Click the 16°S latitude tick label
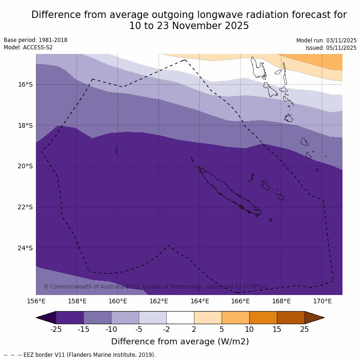pyautogui.click(x=25, y=84)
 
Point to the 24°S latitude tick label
pyautogui.click(x=25, y=248)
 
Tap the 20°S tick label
pyautogui.click(x=25, y=166)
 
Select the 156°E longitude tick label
pyautogui.click(x=36, y=301)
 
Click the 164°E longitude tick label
pyautogui.click(x=200, y=301)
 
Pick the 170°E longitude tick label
pyautogui.click(x=322, y=301)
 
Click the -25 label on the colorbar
pyautogui.click(x=56, y=329)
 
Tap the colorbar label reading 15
pyautogui.click(x=277, y=329)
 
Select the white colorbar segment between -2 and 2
pyautogui.click(x=180, y=318)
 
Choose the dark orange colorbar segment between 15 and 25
pyautogui.click(x=291, y=318)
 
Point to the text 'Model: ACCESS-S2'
pyautogui.click(x=28, y=47)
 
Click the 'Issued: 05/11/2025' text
pyautogui.click(x=331, y=48)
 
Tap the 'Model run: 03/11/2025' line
pyautogui.click(x=326, y=41)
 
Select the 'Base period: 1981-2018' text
pyautogui.click(x=35, y=40)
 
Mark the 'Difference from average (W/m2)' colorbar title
pyautogui.click(x=180, y=342)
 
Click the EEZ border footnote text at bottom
pyautogui.click(x=80, y=355)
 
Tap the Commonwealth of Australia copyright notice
pyautogui.click(x=155, y=287)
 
